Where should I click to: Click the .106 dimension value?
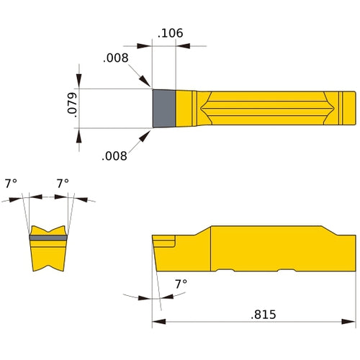170,32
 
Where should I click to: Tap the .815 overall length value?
263,314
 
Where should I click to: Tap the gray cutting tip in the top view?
163,109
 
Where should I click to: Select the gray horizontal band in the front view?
48,236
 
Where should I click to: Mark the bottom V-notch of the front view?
48,269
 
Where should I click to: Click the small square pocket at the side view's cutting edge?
165,240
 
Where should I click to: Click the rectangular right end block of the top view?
347,109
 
